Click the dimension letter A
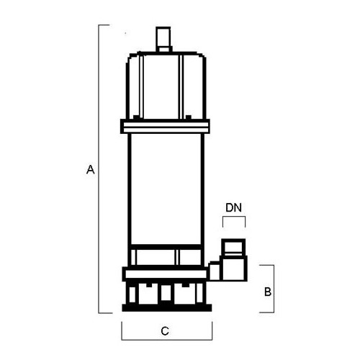pos(91,169)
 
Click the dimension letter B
pos(268,292)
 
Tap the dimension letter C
pos(165,331)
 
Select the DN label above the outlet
pos(233,207)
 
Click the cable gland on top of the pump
pos(163,39)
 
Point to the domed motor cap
pos(166,85)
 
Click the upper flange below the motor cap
pos(165,126)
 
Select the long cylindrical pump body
pos(166,189)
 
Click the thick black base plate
pos(167,307)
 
